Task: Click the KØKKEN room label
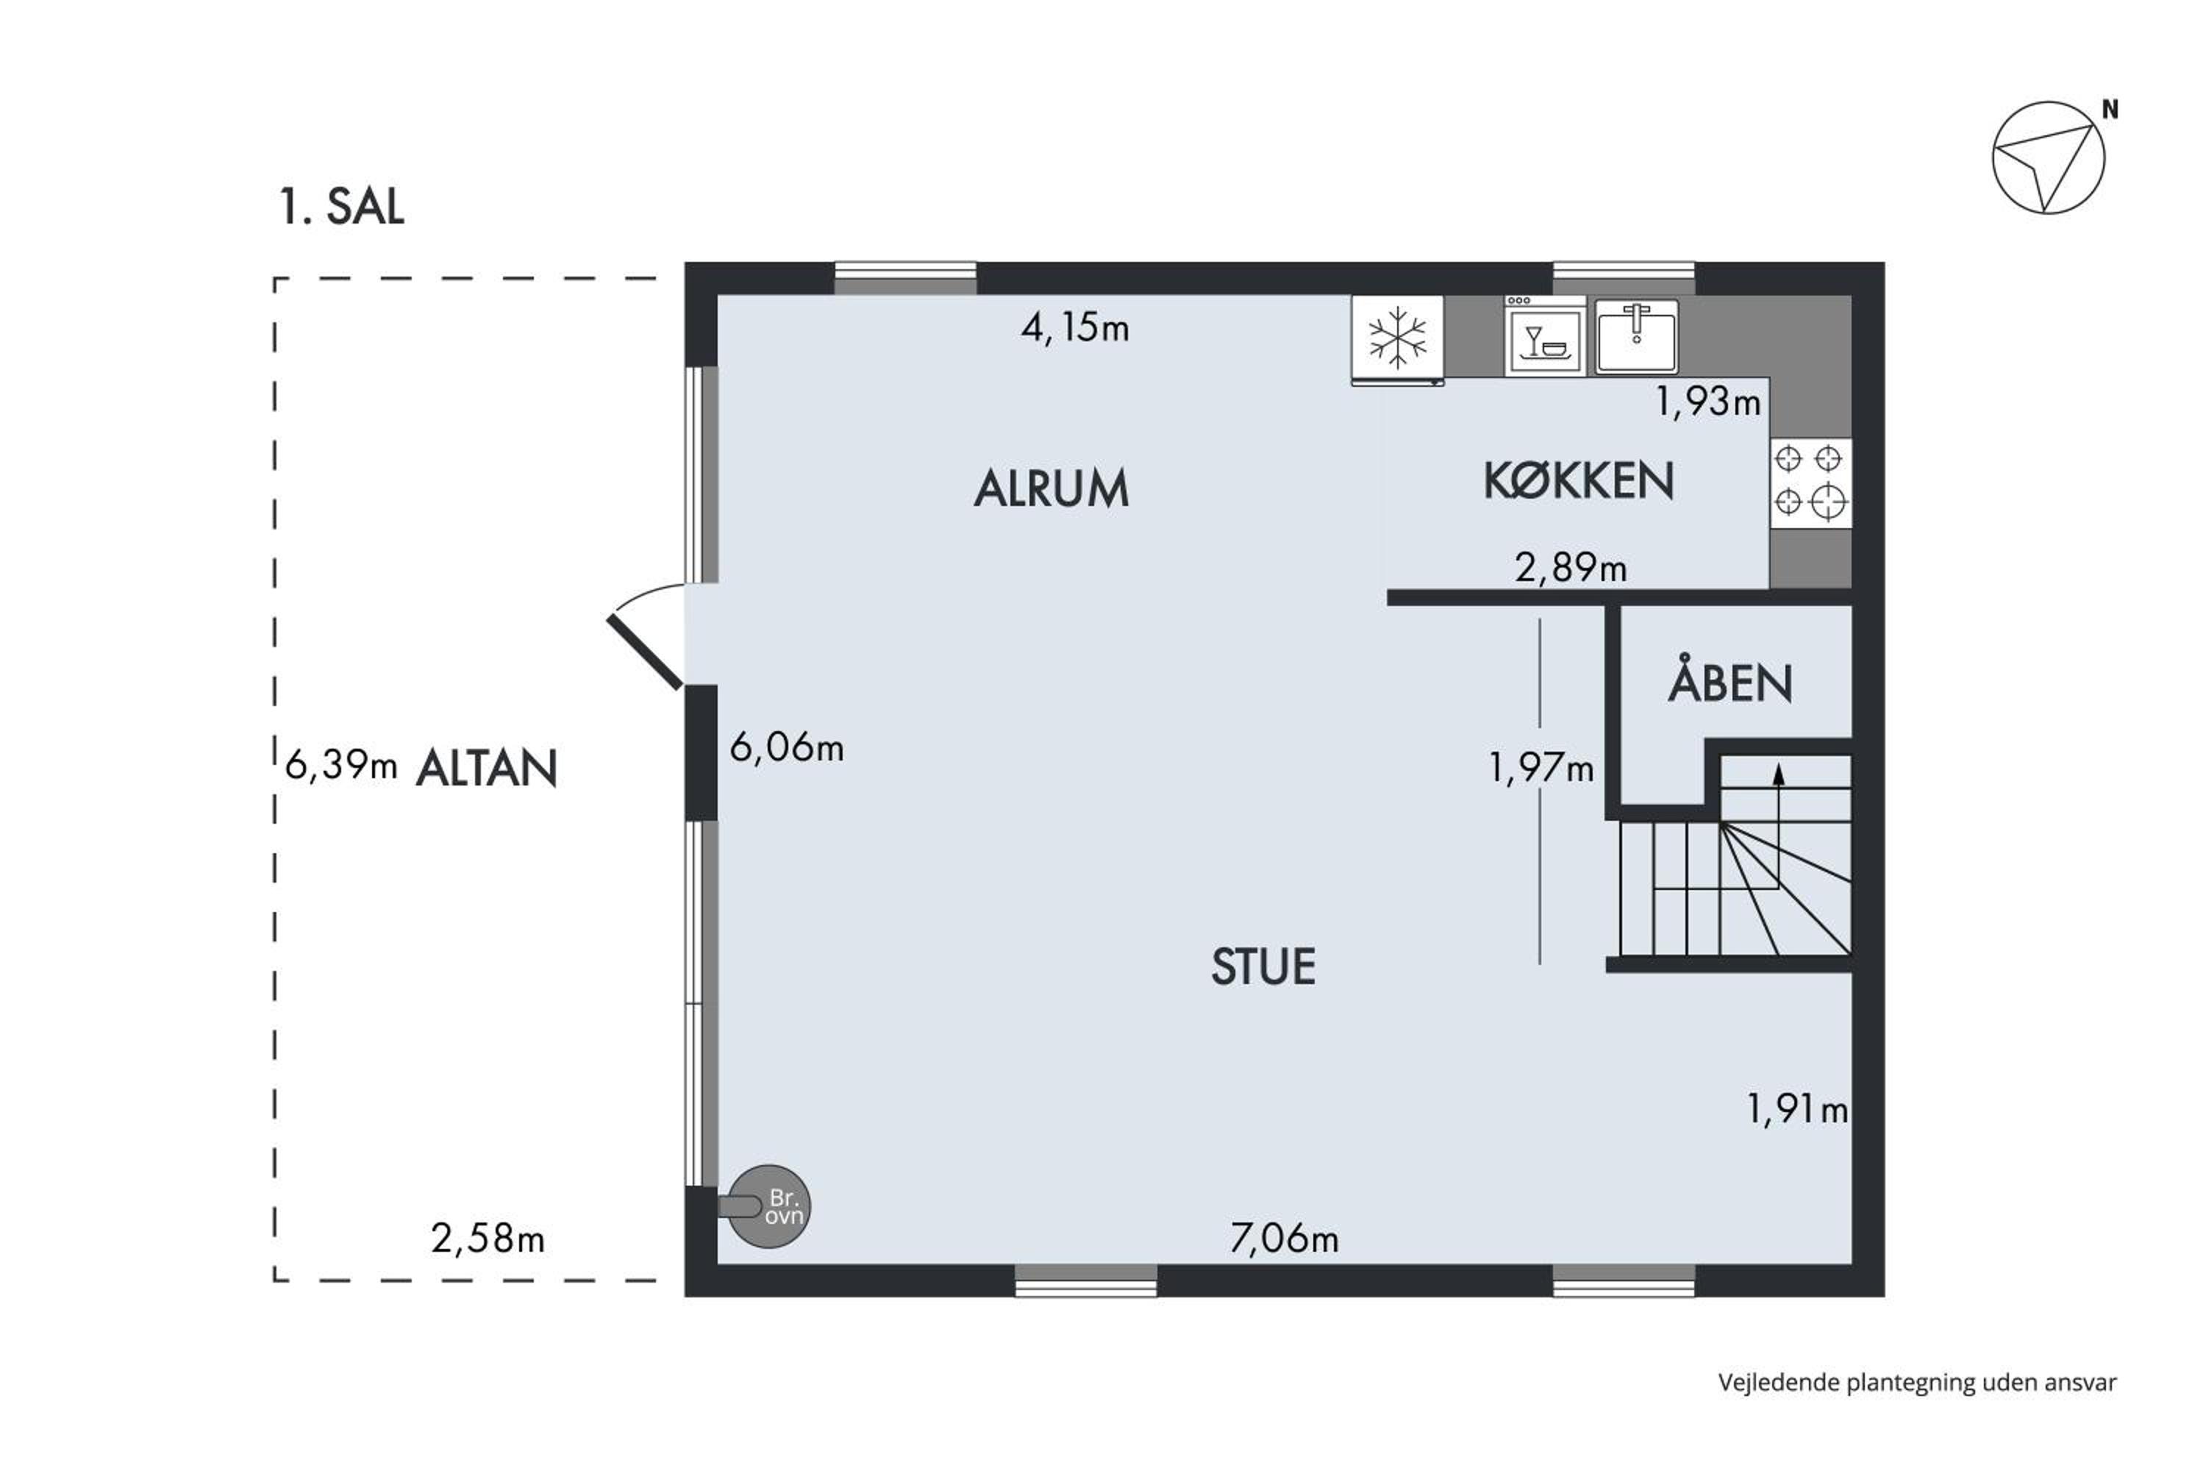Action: pos(1579,480)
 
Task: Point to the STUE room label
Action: pos(1263,967)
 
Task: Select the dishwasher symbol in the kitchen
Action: pos(1545,336)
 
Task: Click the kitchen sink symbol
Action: pos(1637,336)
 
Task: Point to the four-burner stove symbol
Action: pos(1810,483)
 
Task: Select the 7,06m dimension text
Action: pos(1284,1239)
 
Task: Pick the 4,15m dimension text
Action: pos(1075,328)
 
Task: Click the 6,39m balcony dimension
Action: pos(341,766)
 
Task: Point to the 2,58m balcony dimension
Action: pos(488,1239)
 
